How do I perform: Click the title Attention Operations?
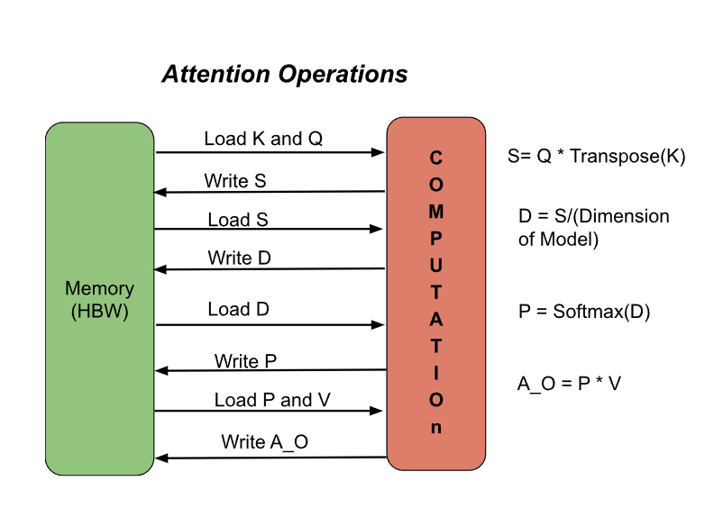click(x=284, y=74)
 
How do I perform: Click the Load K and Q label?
click(x=263, y=139)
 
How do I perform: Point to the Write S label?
click(x=235, y=181)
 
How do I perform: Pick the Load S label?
click(x=238, y=220)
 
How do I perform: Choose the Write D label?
click(x=240, y=259)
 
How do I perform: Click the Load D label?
click(x=238, y=309)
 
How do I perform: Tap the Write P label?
click(x=245, y=361)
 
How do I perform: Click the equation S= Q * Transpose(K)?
click(x=597, y=156)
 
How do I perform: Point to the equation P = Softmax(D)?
click(x=584, y=312)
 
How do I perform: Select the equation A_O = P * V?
click(x=569, y=384)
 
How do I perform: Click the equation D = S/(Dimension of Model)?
click(x=593, y=228)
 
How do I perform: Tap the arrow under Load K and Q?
click(x=270, y=153)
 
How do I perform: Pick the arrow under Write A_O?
click(x=270, y=458)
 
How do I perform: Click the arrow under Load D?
click(x=270, y=324)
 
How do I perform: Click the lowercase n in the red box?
click(x=436, y=428)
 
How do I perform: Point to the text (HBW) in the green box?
click(x=99, y=312)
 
